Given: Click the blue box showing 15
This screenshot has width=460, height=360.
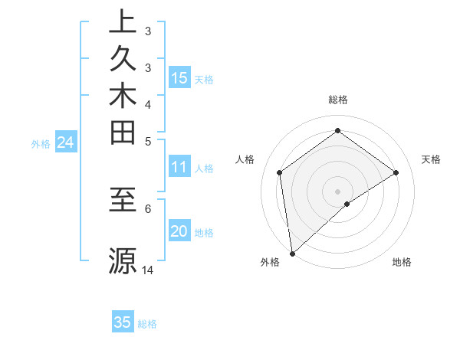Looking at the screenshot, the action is click(179, 77).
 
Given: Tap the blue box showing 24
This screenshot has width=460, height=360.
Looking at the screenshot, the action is click(65, 142).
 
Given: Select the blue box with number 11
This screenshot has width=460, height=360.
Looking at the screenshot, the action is click(179, 167).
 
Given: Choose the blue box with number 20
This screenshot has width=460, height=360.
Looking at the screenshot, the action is click(179, 231).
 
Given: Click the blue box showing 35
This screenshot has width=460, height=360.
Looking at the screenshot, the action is click(123, 322).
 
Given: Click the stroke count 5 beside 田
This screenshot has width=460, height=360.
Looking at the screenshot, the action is click(148, 141).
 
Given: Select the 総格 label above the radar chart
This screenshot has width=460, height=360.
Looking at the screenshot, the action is click(337, 100).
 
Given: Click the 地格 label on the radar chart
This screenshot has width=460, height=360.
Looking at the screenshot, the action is click(402, 262).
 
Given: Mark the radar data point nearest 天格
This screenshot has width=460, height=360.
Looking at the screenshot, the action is click(396, 172).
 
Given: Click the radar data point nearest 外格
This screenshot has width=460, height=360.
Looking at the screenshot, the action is click(292, 253).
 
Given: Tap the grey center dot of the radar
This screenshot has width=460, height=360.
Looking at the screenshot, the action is click(337, 191).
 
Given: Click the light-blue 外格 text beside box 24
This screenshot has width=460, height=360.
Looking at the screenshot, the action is click(41, 142).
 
